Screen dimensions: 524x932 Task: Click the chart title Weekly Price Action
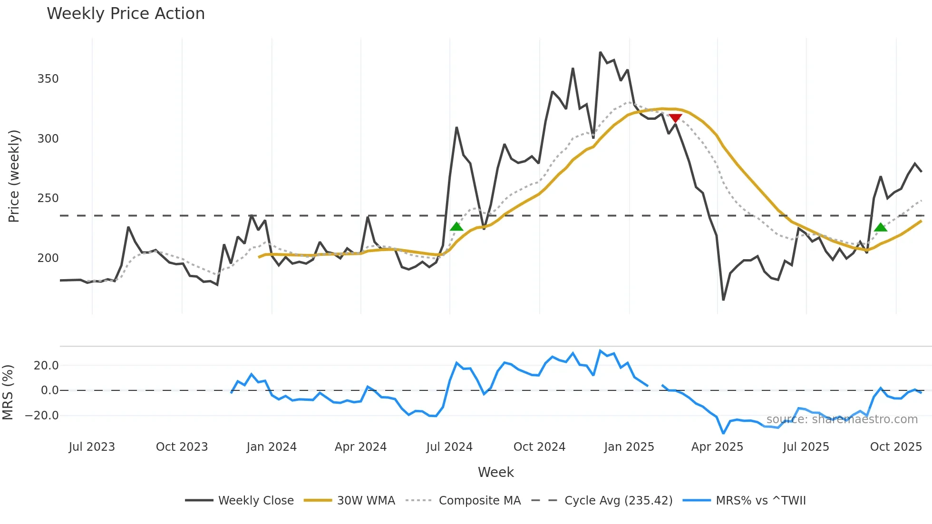click(126, 14)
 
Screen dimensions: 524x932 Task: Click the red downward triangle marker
click(675, 118)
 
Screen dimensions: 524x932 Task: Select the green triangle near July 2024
click(456, 227)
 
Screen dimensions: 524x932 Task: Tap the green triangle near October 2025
click(881, 227)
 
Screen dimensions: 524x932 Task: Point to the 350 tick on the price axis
click(48, 79)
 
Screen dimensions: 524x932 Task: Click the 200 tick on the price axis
click(48, 258)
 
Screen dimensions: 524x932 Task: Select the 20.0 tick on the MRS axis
click(46, 366)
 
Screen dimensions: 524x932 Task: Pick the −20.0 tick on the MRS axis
click(42, 416)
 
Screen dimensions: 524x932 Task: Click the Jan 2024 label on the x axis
click(272, 447)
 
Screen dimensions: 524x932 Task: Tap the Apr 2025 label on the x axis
click(717, 447)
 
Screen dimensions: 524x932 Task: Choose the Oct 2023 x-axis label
click(182, 447)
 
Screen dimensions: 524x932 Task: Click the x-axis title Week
click(495, 472)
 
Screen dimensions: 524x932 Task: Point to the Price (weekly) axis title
click(14, 176)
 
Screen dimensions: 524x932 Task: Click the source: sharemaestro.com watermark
click(842, 419)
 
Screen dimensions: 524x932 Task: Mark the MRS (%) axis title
click(8, 392)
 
